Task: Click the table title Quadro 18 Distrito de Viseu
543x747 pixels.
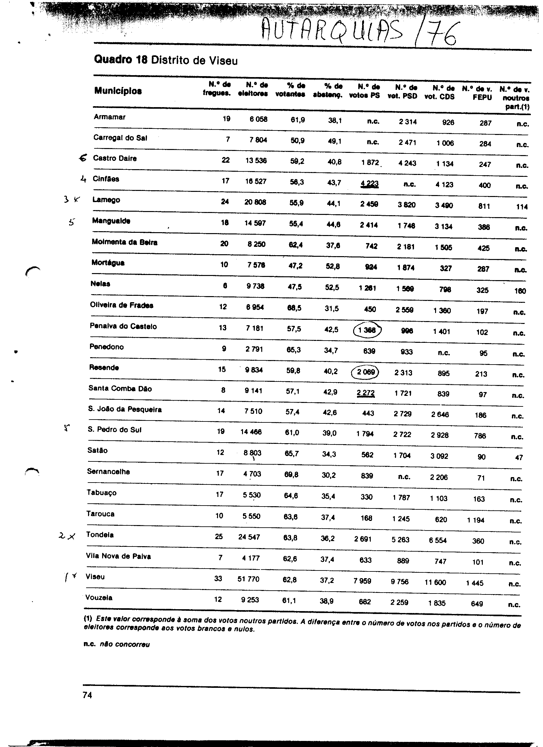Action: point(166,60)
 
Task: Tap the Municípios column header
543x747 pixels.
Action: point(118,91)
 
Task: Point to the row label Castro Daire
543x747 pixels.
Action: point(114,158)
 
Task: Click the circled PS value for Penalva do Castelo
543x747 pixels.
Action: point(367,330)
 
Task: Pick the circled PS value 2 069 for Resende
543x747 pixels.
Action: point(365,372)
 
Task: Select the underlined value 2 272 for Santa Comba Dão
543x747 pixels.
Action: point(365,393)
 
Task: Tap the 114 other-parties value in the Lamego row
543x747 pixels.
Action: point(522,207)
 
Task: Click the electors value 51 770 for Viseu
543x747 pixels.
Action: point(248,579)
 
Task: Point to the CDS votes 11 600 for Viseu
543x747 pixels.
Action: point(435,582)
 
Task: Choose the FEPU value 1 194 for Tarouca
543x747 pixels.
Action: point(475,520)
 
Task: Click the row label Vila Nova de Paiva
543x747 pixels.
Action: point(118,556)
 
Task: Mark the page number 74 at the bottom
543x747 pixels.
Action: point(87,695)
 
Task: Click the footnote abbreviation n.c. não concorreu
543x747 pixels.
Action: point(117,644)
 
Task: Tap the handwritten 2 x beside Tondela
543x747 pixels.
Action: point(67,536)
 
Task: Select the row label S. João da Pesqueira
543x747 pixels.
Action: point(125,410)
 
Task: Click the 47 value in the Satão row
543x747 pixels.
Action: point(519,458)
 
